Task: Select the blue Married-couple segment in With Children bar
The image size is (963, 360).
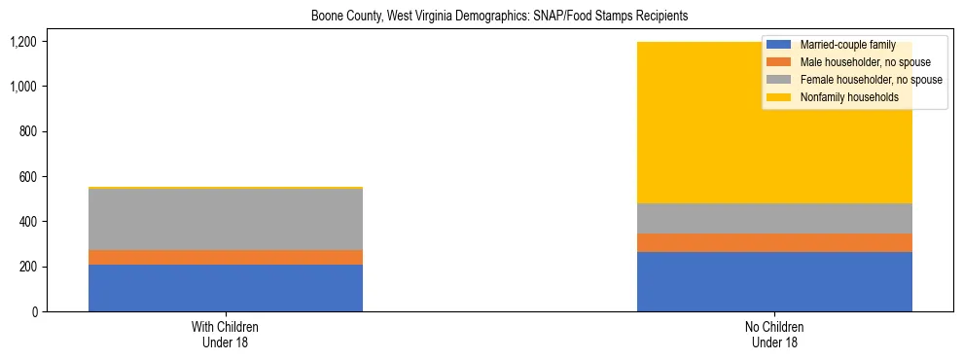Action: (x=226, y=288)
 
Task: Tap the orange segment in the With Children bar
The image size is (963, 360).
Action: (x=226, y=257)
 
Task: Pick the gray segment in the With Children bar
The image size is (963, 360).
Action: (x=226, y=219)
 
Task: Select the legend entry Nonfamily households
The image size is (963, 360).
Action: (x=842, y=97)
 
